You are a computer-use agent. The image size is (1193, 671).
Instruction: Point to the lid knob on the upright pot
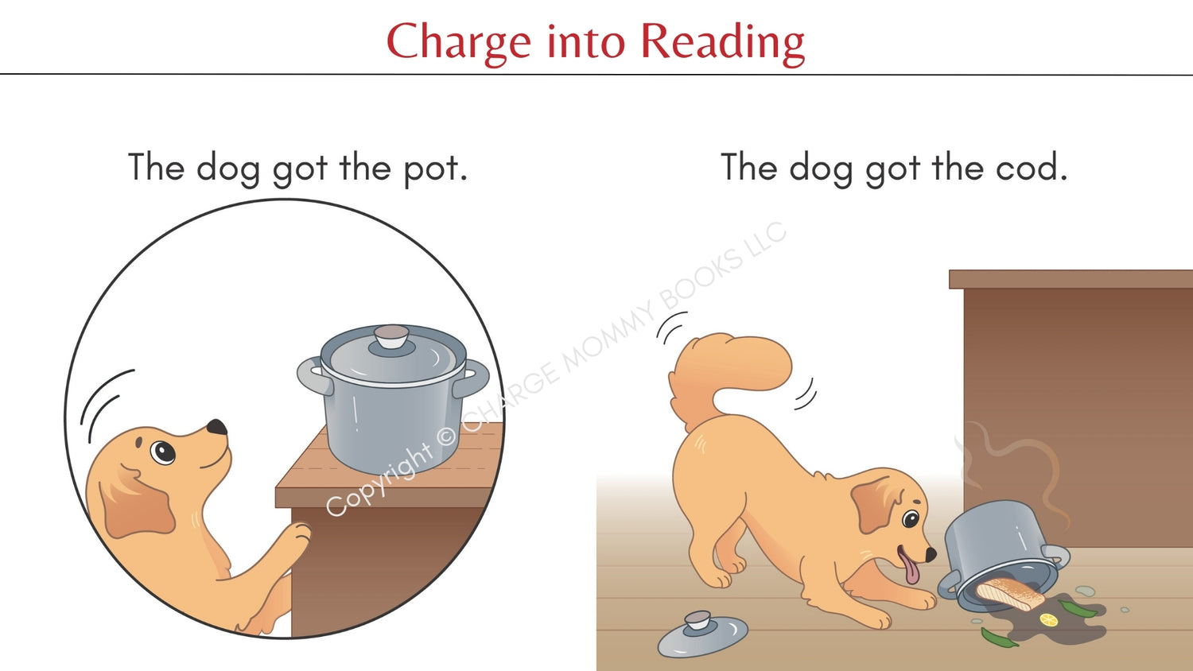point(391,336)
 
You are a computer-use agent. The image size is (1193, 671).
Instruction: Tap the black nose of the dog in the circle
point(217,427)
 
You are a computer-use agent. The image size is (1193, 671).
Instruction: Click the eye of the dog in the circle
point(163,452)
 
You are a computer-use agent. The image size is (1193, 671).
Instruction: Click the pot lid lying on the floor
point(702,634)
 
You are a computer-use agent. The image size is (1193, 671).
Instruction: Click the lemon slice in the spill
point(1049,620)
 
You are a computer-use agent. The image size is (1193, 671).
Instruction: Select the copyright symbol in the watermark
point(446,436)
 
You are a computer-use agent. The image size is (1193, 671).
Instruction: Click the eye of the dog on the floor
point(910,518)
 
